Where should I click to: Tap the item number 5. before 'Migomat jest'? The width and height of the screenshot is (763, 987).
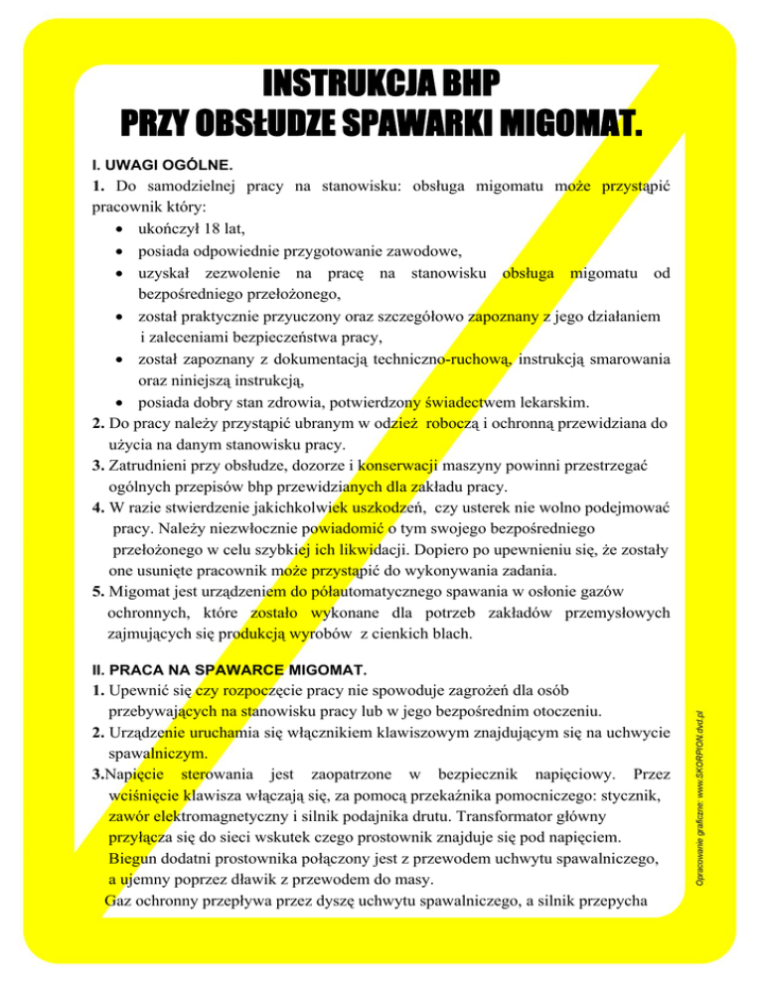(97, 593)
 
